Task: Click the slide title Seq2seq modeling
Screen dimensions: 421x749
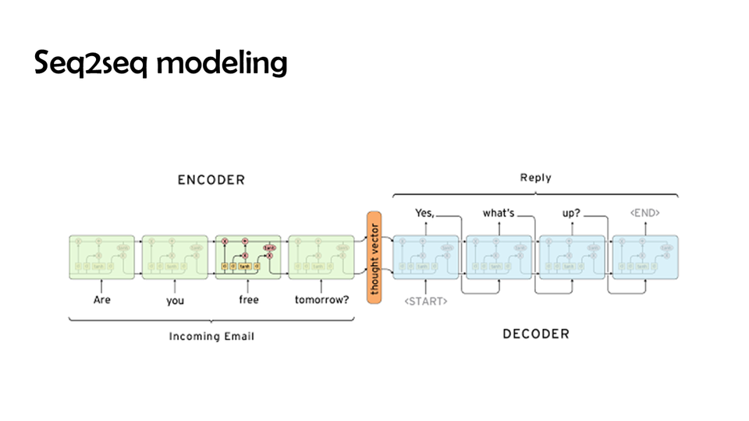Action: [x=161, y=63]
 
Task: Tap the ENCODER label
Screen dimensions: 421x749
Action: [x=211, y=180]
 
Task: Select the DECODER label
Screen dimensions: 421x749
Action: [x=535, y=334]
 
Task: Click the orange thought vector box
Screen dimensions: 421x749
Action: [x=374, y=256]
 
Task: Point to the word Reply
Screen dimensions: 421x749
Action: [x=535, y=178]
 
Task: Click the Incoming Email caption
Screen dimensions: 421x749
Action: [x=211, y=336]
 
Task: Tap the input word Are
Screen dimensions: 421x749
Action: [x=101, y=299]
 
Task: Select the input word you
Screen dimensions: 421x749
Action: [x=175, y=299]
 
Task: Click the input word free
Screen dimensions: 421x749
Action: [x=248, y=299]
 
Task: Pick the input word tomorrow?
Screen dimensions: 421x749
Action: [x=321, y=299]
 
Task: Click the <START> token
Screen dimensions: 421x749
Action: [x=425, y=301]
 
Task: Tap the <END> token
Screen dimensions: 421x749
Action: [x=645, y=212]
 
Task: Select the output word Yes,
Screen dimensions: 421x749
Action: [x=424, y=212]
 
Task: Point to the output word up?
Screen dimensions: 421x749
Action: [x=571, y=212]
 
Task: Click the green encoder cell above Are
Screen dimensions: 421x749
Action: [x=101, y=257]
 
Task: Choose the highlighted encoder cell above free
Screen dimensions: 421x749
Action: [x=248, y=257]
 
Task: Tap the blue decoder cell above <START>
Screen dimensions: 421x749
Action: [x=425, y=257]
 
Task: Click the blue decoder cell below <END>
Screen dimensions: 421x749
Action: [x=645, y=257]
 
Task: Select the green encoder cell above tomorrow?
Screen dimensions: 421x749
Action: [x=321, y=257]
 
